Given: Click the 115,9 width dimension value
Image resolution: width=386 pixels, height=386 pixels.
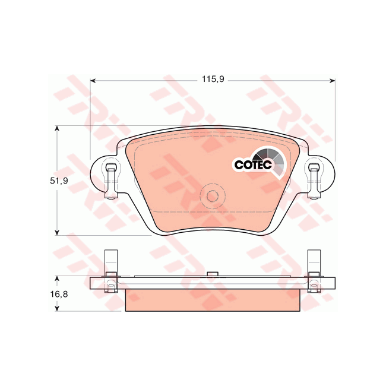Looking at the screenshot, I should [213, 80].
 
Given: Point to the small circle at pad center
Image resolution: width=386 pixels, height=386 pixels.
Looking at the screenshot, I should [212, 195].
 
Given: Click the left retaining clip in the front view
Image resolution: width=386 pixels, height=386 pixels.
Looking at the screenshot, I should [110, 181].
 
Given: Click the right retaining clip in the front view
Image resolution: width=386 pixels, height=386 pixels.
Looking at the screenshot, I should [314, 181].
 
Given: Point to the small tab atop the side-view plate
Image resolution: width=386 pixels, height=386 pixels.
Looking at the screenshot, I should [211, 274].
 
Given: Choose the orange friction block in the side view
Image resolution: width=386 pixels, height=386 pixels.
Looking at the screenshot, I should [211, 300].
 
